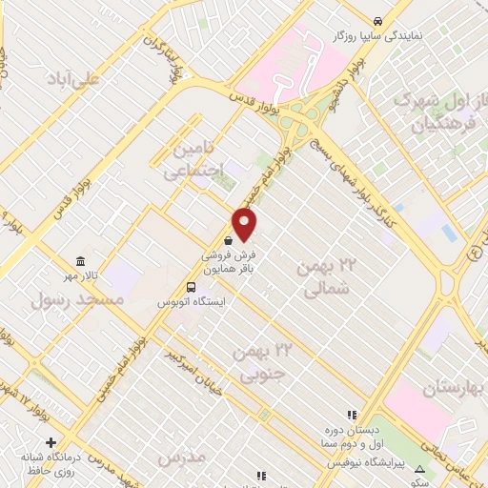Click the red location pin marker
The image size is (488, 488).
[245, 224]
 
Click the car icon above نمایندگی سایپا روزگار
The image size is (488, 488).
[378, 20]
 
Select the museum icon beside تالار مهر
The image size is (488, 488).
[80, 262]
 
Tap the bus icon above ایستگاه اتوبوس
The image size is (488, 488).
[193, 286]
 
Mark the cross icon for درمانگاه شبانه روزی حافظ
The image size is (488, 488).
[51, 442]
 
